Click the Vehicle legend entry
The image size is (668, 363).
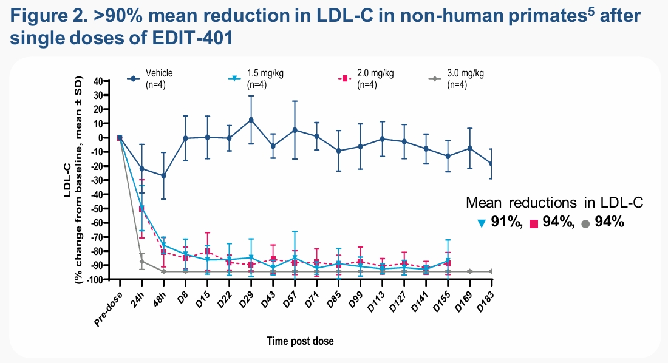pyautogui.click(x=150, y=79)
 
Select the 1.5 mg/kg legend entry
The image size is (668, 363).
pyautogui.click(x=256, y=79)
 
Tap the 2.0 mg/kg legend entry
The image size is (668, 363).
pyautogui.click(x=366, y=79)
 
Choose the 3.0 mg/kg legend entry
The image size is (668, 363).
pyautogui.click(x=456, y=79)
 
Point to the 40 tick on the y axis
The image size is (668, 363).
pyautogui.click(x=98, y=81)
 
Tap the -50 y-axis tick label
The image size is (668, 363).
pyautogui.click(x=98, y=209)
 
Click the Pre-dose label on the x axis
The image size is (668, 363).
pyautogui.click(x=108, y=309)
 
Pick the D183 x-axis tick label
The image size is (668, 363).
pyautogui.click(x=485, y=302)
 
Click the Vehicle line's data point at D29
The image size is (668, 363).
pyautogui.click(x=251, y=120)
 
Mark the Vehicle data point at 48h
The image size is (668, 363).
pyautogui.click(x=163, y=175)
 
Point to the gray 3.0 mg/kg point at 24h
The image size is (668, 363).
pyautogui.click(x=142, y=261)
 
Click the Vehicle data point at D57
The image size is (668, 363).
pyautogui.click(x=295, y=130)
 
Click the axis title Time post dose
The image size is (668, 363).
pyautogui.click(x=301, y=341)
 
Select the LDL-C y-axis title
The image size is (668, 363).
pyautogui.click(x=67, y=180)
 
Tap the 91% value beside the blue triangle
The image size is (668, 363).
pyautogui.click(x=506, y=222)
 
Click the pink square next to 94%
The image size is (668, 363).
pyautogui.click(x=533, y=223)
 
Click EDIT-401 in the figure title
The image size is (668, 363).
pyautogui.click(x=193, y=38)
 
